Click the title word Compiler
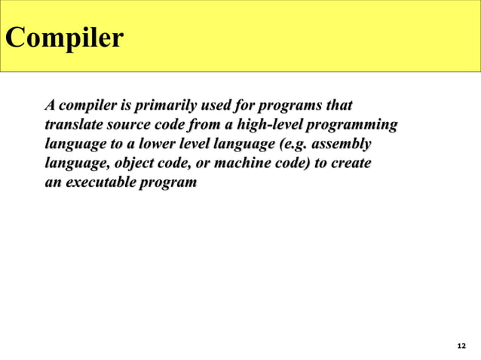pos(63,37)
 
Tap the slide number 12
pos(461,345)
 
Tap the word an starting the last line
pos(53,182)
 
